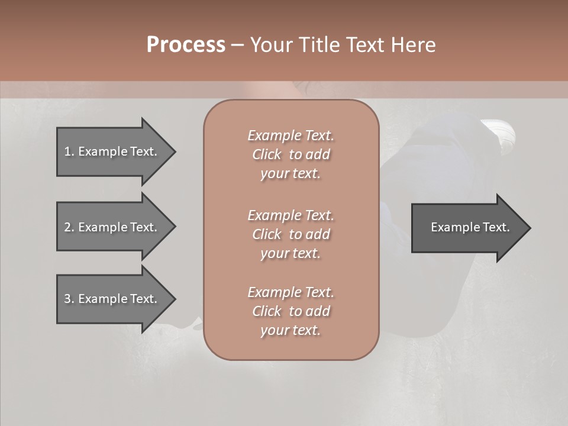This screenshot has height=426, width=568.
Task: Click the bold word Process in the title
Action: (186, 45)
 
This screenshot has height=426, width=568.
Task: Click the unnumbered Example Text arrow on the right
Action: (470, 228)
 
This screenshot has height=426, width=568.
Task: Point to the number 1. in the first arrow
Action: (69, 151)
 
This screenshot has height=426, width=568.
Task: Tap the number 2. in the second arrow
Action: (69, 227)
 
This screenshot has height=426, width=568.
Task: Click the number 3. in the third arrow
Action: (69, 299)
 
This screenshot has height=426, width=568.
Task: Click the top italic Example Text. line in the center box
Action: (291, 135)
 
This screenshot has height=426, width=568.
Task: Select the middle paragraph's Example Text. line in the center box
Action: (291, 215)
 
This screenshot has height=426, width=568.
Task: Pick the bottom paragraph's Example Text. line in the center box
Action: (291, 292)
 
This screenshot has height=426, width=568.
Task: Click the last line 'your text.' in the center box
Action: (291, 331)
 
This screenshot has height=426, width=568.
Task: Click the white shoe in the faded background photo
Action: (500, 131)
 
